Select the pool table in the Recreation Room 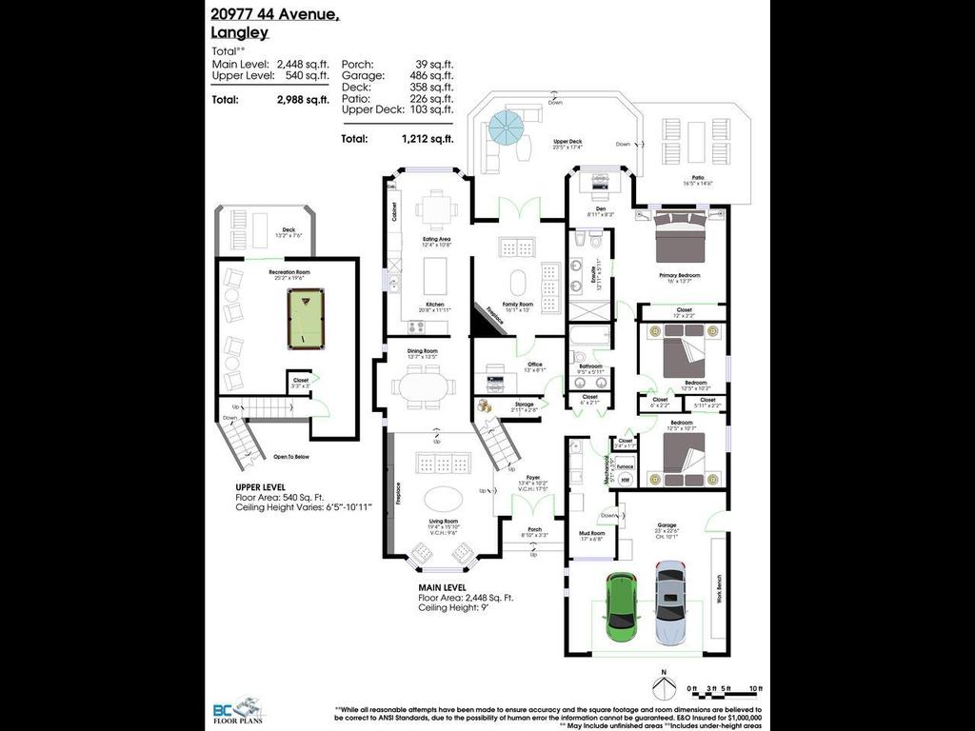pos(304,322)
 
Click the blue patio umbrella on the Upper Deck pos(505,126)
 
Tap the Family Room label pos(518,305)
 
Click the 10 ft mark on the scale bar pos(756,687)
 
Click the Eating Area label pos(436,239)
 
